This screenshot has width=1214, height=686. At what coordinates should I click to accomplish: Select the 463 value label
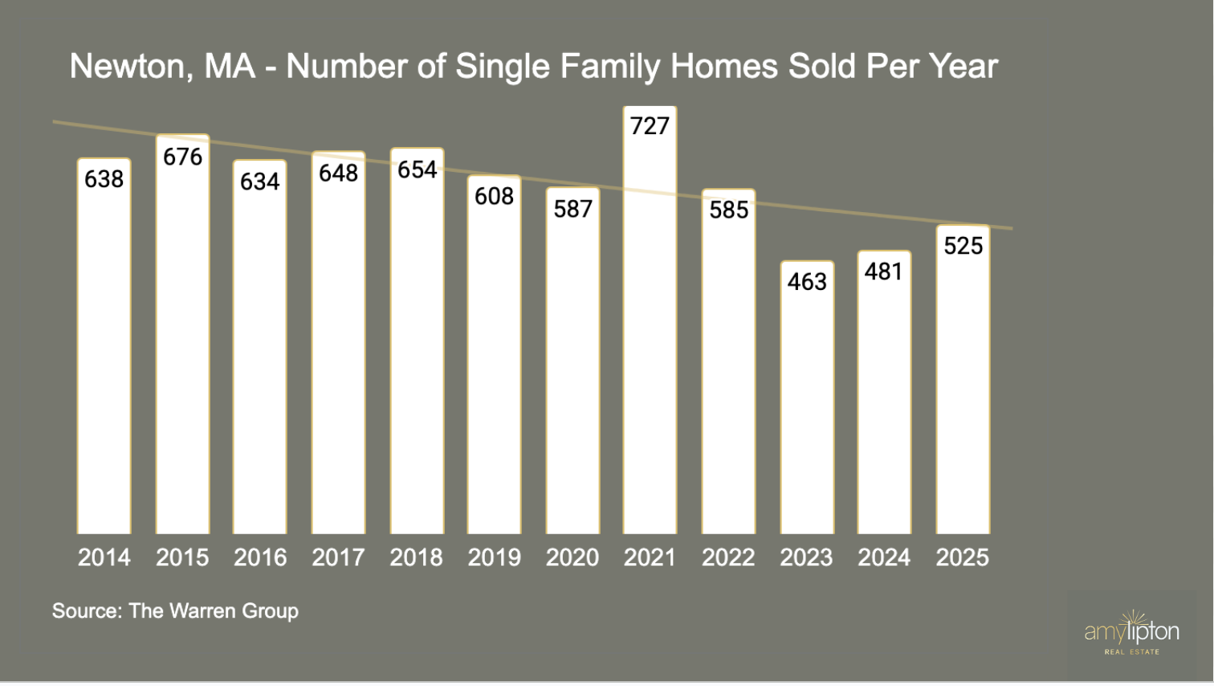pos(807,282)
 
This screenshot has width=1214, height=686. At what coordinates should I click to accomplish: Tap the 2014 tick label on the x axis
pos(104,557)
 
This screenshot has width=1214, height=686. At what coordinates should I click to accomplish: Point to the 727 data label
pos(650,126)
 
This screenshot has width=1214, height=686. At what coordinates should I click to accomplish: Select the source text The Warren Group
pos(175,611)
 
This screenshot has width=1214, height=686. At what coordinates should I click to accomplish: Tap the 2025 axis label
pos(962,557)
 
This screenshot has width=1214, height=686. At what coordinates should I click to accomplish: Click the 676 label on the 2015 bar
pos(182,157)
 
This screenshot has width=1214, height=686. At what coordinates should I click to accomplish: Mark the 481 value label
pos(884,272)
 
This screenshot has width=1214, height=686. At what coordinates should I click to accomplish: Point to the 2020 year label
pos(572,557)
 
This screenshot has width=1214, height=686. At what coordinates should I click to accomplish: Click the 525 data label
pos(963,246)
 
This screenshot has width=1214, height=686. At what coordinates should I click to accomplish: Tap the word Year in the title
pos(963,67)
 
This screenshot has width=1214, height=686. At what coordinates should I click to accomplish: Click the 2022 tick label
pos(727,557)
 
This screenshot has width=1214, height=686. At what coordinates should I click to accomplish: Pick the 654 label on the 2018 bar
pos(417,169)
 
